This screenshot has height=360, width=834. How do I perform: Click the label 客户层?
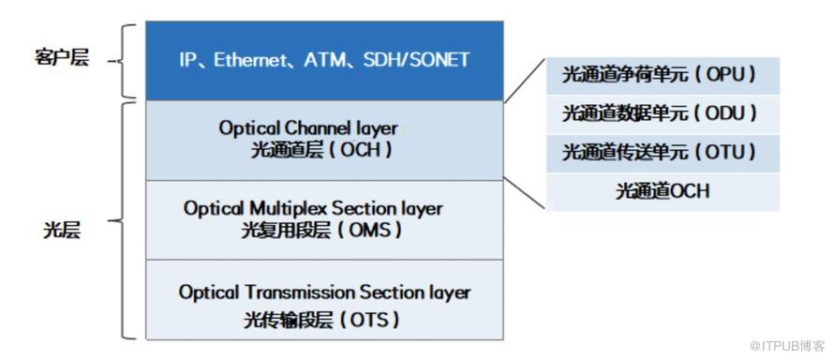(x=61, y=58)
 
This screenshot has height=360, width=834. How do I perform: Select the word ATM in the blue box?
(x=325, y=60)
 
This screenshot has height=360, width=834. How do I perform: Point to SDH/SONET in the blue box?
(x=417, y=60)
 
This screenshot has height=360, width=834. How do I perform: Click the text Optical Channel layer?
(x=308, y=128)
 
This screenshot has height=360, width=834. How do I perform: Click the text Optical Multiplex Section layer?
(x=313, y=208)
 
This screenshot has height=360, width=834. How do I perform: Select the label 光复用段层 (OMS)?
(x=321, y=231)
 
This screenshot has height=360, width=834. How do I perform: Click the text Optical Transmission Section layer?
(x=324, y=292)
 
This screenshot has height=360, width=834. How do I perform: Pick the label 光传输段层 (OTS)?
(x=321, y=320)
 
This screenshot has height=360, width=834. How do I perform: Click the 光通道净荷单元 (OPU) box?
(x=663, y=76)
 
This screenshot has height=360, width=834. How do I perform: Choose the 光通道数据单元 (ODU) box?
(x=663, y=114)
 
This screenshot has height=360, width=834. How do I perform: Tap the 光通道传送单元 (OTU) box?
(x=663, y=153)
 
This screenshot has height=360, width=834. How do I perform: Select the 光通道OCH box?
(x=663, y=191)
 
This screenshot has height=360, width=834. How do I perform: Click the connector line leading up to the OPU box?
(x=525, y=80)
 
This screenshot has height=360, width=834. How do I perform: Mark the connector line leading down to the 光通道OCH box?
(x=525, y=193)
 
